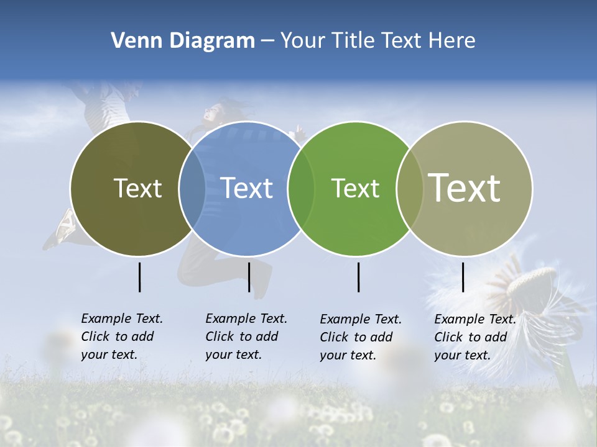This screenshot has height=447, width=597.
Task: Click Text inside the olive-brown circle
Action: (x=137, y=188)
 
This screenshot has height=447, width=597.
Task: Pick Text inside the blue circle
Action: (x=247, y=188)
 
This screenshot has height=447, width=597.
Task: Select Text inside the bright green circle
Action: (x=355, y=188)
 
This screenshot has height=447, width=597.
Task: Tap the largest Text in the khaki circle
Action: (x=465, y=187)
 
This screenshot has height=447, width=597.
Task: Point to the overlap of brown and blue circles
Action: (x=192, y=189)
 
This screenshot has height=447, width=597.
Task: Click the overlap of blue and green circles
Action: (x=301, y=189)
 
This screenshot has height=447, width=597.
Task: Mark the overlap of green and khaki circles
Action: (x=409, y=189)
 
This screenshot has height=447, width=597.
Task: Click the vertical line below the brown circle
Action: (x=139, y=277)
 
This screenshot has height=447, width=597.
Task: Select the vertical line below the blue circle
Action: (x=249, y=277)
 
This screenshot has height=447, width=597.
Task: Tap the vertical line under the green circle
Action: (x=358, y=277)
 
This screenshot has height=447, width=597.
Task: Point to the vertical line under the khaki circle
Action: (x=463, y=277)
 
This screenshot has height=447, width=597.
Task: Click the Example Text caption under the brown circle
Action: (x=122, y=336)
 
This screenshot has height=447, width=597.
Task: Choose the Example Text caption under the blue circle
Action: (x=246, y=336)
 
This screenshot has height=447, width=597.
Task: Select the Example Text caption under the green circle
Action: (x=361, y=337)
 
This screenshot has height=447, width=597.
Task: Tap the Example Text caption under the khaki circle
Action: (x=475, y=337)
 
